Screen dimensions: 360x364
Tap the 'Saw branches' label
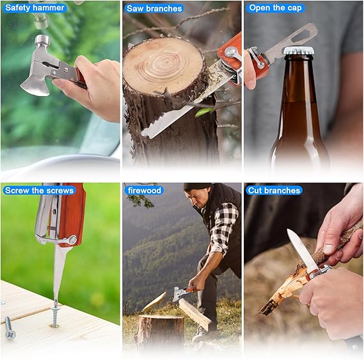154,8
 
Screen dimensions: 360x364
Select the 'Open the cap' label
276,8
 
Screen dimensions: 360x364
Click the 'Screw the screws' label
39,190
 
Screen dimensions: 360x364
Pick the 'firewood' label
145,190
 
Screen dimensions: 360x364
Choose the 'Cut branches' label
274,190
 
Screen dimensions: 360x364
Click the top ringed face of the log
163,65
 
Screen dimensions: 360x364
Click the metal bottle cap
297,51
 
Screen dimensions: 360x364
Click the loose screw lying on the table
9,328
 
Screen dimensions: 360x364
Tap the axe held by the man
180,293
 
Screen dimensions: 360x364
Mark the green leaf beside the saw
205,111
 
